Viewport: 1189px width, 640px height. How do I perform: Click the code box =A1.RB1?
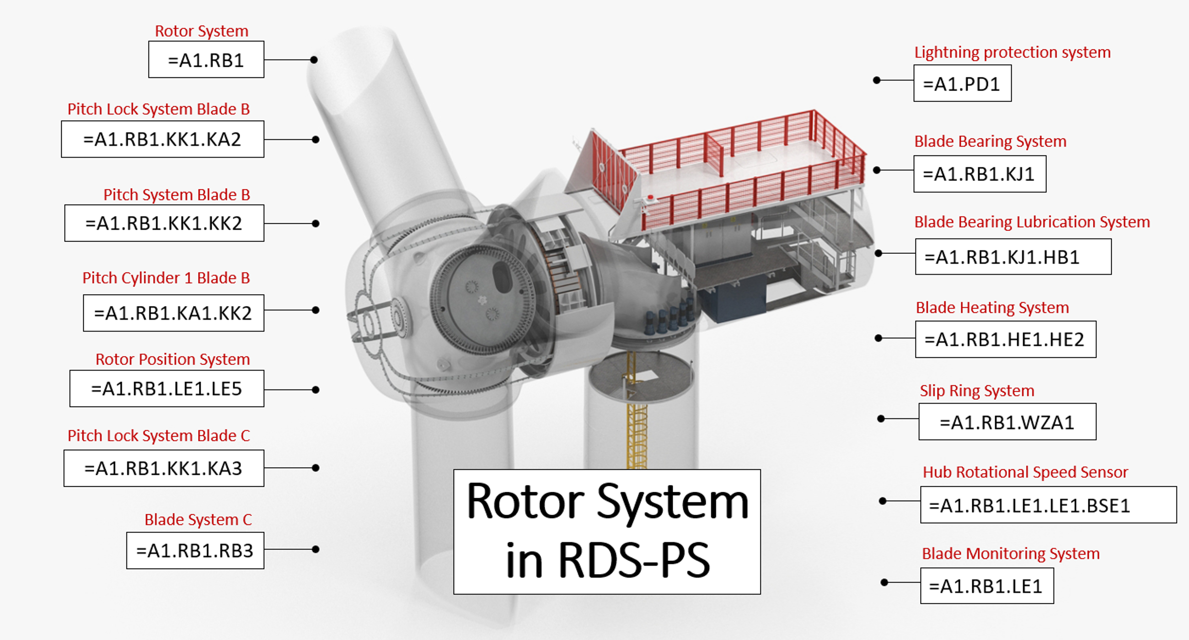206,60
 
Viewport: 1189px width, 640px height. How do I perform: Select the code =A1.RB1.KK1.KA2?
162,140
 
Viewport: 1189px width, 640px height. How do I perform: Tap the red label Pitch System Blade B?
177,195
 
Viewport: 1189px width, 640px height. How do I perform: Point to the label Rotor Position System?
172,359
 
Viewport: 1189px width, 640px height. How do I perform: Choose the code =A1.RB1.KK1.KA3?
163,468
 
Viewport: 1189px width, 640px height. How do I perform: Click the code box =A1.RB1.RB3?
195,550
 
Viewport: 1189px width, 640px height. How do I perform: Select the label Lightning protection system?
1012,52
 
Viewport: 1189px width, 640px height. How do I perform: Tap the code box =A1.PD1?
962,84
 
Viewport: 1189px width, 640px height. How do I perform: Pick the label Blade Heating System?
992,307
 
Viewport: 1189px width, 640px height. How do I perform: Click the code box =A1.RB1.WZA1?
1007,422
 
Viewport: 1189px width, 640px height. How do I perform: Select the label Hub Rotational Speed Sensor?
1025,472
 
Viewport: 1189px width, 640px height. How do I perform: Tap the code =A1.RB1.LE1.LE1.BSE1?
1029,506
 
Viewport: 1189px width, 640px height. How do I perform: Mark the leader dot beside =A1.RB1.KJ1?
877,170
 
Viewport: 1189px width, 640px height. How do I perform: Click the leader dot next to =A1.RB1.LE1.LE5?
316,390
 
